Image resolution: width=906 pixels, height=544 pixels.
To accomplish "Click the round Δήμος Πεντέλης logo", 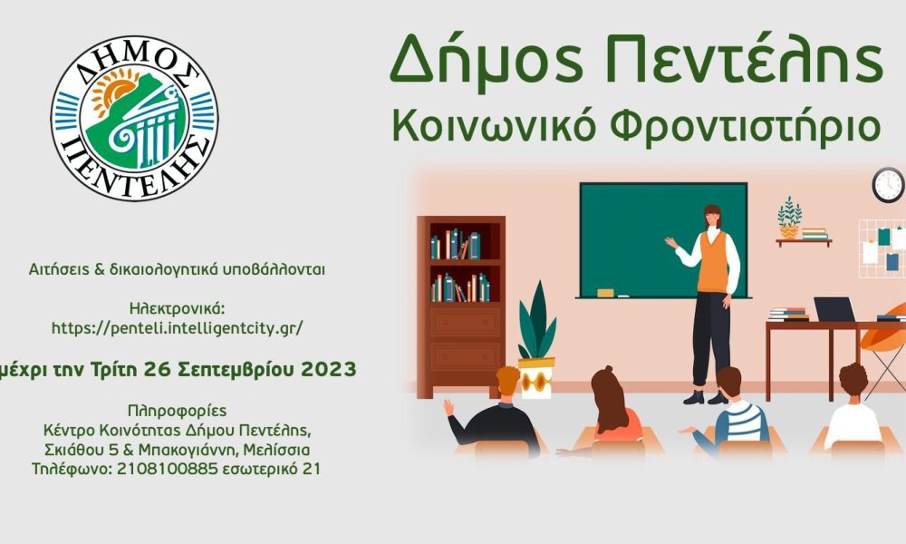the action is click(135, 118).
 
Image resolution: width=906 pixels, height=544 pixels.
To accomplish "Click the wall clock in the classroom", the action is click(888, 185).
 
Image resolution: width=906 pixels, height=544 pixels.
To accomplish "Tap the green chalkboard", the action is click(663, 240).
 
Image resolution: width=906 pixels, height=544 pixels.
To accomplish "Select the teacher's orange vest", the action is click(714, 262).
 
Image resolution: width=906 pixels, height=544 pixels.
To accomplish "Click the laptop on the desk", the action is click(834, 309).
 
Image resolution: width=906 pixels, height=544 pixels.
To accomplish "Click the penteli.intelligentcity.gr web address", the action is click(178, 328).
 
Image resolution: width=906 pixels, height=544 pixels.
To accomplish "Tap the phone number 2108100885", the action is click(168, 469).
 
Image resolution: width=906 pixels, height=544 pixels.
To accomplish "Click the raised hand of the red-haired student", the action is click(448, 407).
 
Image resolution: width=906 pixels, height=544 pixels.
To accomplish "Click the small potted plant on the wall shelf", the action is click(789, 218).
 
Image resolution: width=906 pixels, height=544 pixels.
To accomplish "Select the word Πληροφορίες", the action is click(177, 411).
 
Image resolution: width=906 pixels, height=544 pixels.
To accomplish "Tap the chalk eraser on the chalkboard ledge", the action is click(605, 293).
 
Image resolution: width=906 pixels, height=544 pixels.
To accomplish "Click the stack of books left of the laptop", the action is click(788, 315).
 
